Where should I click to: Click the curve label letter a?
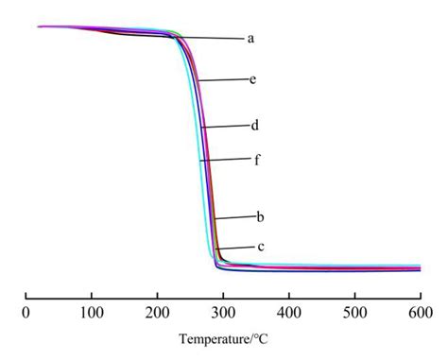coord(250,39)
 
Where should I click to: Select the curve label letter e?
coord(253,80)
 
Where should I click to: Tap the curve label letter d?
coord(255,125)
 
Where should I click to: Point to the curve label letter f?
coord(256,160)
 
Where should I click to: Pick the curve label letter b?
coord(259,218)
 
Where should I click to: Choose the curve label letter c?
coord(259,248)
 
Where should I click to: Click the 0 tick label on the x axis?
coord(26,310)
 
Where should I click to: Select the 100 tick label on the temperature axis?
coord(91,310)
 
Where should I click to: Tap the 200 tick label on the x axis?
coord(157,310)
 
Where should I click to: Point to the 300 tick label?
coord(223,310)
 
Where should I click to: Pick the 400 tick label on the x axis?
coord(288,310)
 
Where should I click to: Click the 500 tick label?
coord(354,310)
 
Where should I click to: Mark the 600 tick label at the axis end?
coord(420,310)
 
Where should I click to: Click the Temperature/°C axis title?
coord(222,336)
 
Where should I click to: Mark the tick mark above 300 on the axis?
coord(223,295)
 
